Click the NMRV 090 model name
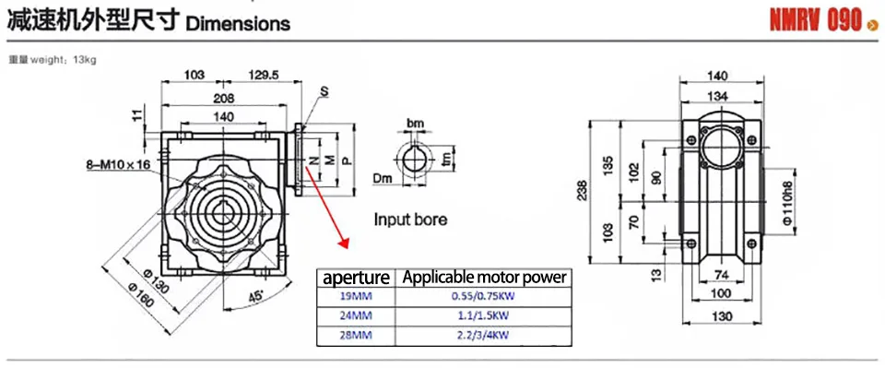point(815,20)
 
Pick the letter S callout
point(324,89)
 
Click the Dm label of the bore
point(383,177)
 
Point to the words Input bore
point(410,220)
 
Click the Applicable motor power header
point(483,276)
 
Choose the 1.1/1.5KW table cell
point(483,315)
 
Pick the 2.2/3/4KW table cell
point(483,335)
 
